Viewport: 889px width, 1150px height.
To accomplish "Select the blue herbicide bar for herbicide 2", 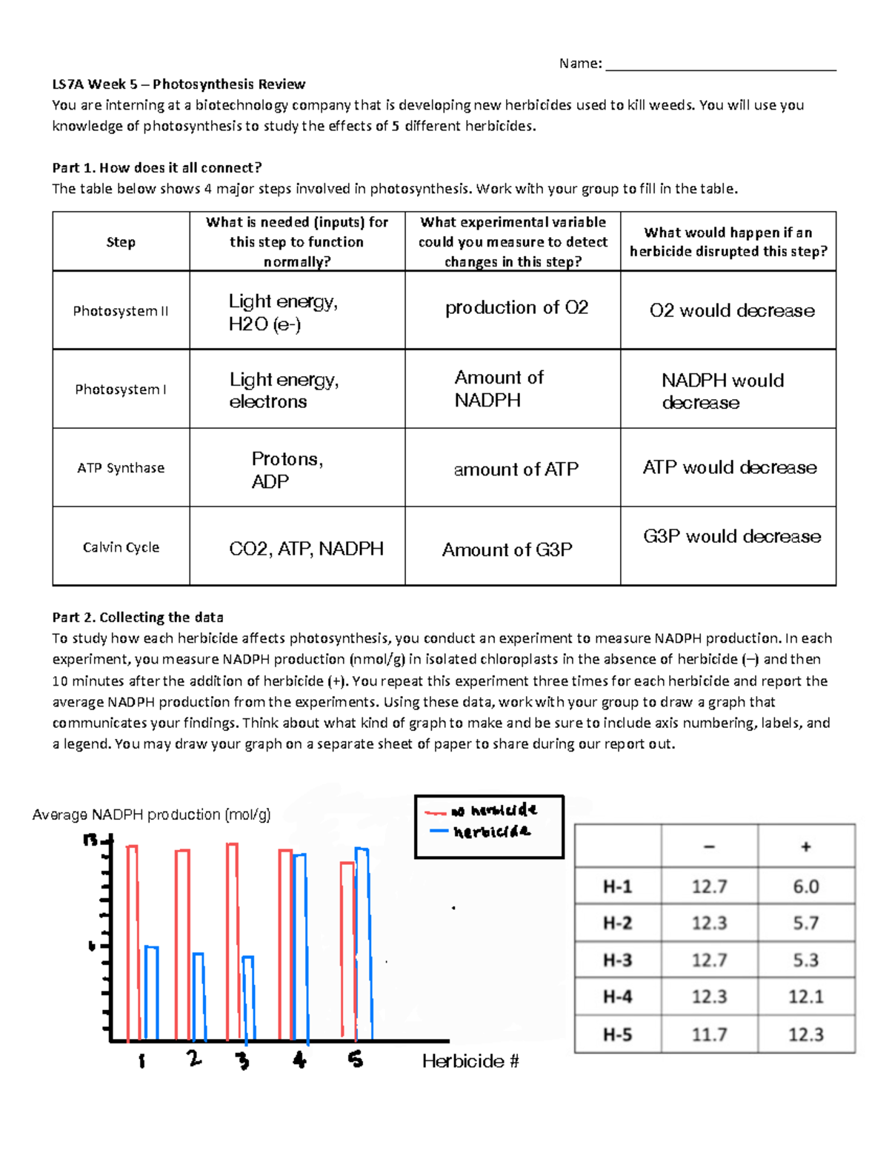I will pos(199,996).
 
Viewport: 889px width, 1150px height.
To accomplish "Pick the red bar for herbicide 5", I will pos(347,952).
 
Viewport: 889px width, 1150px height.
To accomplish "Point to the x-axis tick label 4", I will pos(299,1060).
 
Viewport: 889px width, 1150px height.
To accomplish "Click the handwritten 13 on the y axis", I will pos(90,840).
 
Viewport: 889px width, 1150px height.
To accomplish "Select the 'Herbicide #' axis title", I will pos(470,1061).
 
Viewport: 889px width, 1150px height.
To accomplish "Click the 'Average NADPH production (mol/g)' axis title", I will pos(152,815).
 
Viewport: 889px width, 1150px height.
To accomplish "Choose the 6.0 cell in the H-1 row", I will pos(805,886).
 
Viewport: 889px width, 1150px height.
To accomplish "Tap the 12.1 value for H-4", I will pos(805,997).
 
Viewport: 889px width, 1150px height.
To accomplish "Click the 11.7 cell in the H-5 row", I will pos(709,1034).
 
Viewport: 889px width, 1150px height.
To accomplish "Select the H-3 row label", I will pos(617,960).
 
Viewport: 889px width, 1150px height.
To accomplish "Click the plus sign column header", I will pos(805,846).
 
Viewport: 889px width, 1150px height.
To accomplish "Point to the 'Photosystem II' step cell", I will pos(121,311).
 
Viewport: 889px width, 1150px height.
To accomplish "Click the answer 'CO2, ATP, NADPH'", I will pos(306,549).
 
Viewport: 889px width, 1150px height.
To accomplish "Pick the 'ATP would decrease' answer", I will pos(730,467).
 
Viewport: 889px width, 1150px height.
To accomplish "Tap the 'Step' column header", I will pos(121,242).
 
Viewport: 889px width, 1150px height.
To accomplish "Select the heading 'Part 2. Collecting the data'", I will pos(138,617).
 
